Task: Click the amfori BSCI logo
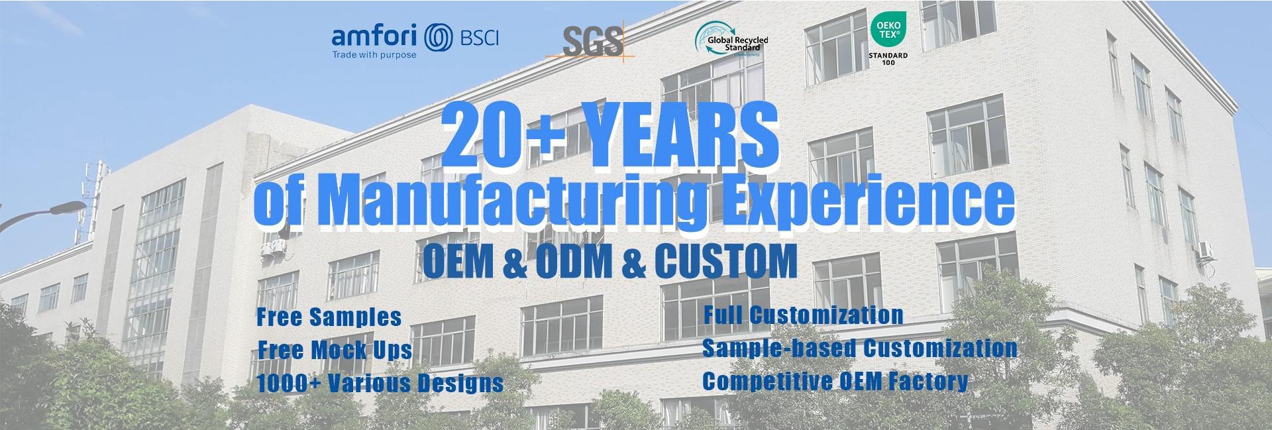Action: (415, 41)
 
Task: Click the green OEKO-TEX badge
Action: (888, 30)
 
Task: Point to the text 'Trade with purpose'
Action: (374, 55)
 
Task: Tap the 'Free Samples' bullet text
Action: (329, 317)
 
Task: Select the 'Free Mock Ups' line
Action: (335, 350)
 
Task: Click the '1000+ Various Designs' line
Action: (380, 382)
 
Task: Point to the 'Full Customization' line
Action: (803, 315)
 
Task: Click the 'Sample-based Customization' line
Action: (860, 349)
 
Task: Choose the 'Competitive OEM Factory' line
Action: (835, 381)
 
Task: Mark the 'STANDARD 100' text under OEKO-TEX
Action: (888, 59)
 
